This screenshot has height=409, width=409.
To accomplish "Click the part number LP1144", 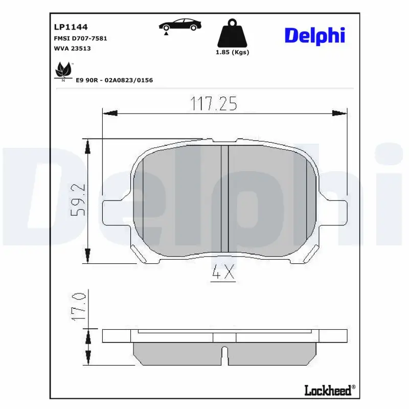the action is (71, 27).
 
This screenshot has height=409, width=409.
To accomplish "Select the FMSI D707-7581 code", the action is (80, 38).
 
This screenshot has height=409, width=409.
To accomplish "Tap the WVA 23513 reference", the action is (72, 49).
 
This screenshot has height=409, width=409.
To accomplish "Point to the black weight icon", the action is (232, 33).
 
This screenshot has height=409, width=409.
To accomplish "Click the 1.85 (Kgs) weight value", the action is (232, 52).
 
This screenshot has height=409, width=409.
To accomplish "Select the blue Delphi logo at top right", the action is (315, 36).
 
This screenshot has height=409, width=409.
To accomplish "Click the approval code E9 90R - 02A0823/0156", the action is (114, 80).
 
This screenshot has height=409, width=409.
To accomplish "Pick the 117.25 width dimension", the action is (214, 104).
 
